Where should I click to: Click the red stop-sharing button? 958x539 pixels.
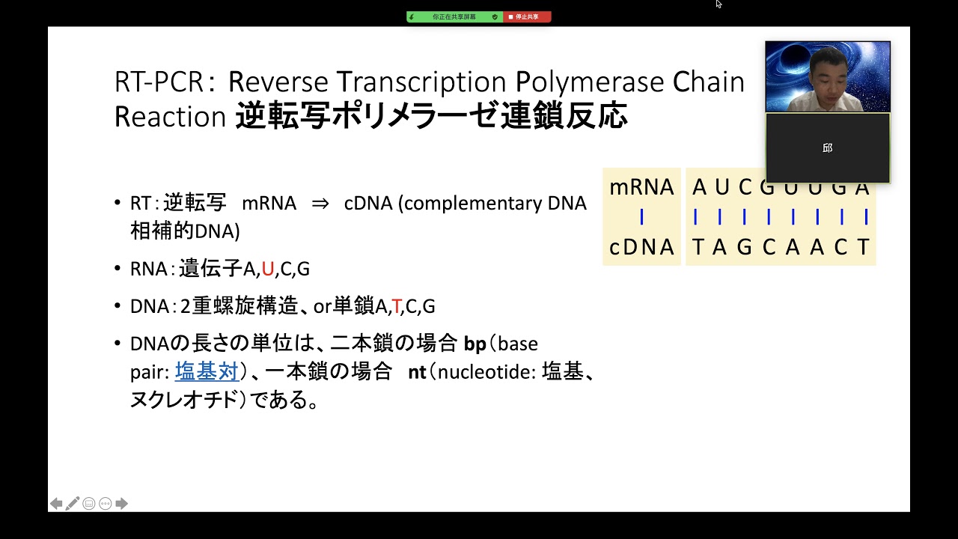[527, 16]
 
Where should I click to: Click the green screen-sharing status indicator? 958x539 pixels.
[454, 16]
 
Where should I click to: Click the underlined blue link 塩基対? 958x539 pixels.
[207, 371]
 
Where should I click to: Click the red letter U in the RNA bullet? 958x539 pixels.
[268, 269]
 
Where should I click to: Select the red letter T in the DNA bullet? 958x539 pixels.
[396, 306]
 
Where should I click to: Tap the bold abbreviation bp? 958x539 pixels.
[475, 344]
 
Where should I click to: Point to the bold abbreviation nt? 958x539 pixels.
[417, 372]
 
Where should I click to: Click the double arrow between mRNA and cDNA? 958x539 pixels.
[320, 204]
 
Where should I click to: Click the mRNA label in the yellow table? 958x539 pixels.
[641, 187]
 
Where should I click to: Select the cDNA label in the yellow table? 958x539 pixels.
[641, 247]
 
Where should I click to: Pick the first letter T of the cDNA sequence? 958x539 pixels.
[698, 247]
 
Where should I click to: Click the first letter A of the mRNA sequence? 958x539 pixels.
[699, 187]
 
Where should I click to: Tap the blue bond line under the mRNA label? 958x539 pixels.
[641, 217]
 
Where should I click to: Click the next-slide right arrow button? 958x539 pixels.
[121, 504]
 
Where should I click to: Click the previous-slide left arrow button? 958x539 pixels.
[56, 504]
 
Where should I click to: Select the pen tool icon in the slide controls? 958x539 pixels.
[73, 504]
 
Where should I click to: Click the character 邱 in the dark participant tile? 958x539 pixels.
[828, 148]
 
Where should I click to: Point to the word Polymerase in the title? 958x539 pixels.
[590, 82]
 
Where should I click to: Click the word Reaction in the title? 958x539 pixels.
[170, 117]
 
